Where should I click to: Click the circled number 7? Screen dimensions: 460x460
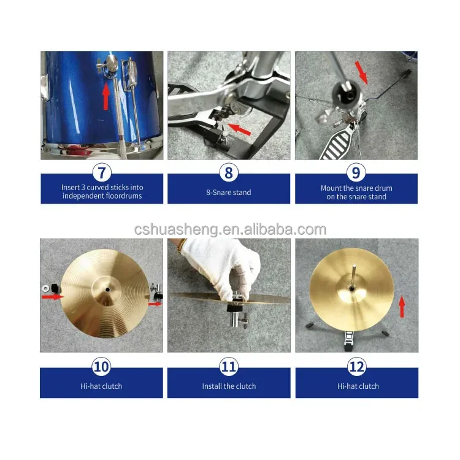[101, 172]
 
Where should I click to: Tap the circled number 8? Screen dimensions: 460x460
[229, 172]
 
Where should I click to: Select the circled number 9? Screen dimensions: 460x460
[356, 172]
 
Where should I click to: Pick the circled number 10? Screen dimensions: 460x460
[101, 367]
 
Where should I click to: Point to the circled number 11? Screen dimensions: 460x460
[229, 367]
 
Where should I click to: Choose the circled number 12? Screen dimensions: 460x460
[356, 367]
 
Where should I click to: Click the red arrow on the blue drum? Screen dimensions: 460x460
[105, 96]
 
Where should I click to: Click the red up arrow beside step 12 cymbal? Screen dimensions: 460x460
[402, 305]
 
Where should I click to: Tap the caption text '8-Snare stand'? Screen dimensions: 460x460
[229, 193]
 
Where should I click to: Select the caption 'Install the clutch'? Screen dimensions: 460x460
[229, 386]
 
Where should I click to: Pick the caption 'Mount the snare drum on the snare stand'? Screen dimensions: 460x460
[356, 193]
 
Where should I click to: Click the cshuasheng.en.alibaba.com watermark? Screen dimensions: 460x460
[230, 230]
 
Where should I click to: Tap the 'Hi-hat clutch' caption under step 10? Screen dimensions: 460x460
[101, 386]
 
